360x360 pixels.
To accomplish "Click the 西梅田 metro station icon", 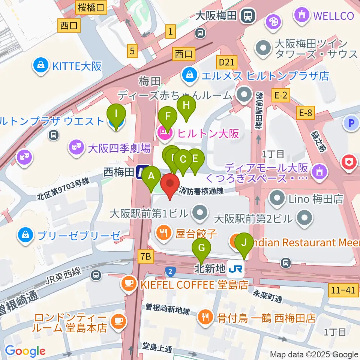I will point(143,172).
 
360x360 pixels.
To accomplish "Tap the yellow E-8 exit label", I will point(305,111).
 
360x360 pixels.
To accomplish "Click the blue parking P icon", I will point(351,123).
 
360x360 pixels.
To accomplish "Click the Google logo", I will point(25,351).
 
